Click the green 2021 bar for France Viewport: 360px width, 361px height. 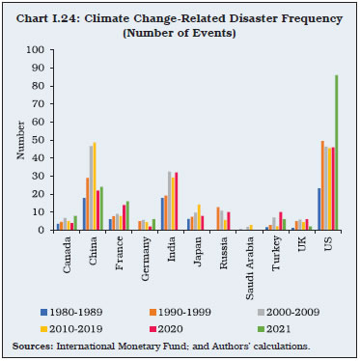[x=126, y=216]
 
